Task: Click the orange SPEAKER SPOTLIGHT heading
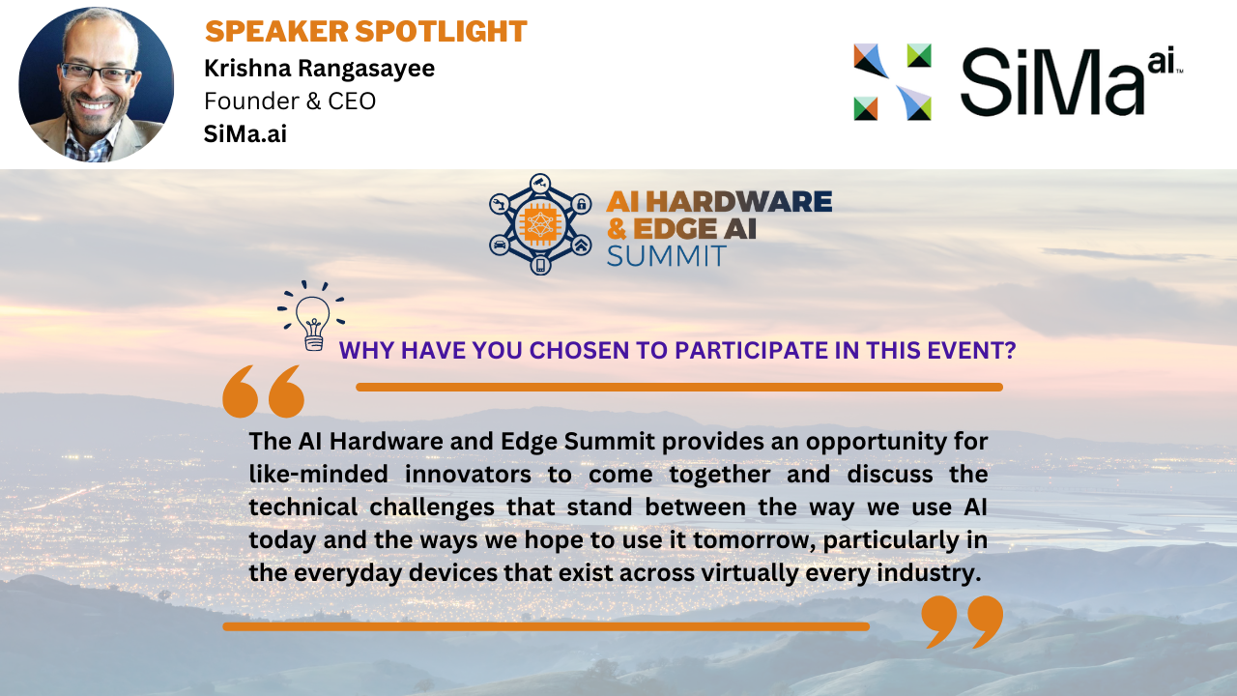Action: [365, 31]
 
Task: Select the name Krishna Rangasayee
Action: [319, 69]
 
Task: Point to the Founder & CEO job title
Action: [290, 101]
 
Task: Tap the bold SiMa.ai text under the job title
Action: [245, 133]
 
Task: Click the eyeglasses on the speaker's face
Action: [98, 72]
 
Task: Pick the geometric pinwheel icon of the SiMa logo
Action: [892, 82]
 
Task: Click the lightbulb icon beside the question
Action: [311, 316]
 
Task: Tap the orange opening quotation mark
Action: [264, 391]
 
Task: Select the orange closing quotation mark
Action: [962, 622]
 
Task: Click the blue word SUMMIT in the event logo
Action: [666, 256]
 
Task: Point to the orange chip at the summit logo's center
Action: [539, 224]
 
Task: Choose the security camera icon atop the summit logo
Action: [540, 183]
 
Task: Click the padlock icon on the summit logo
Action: [582, 203]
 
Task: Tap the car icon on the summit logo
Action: [500, 245]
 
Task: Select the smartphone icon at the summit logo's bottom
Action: [540, 265]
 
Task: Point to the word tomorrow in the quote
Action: [754, 540]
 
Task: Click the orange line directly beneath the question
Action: [679, 388]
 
